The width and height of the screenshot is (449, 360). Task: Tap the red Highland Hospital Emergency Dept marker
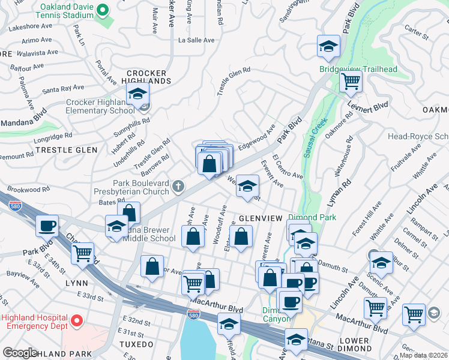pos(76,322)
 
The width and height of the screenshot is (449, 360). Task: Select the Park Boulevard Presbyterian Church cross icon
pos(177,187)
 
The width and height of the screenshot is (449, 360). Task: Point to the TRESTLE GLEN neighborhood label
pos(70,150)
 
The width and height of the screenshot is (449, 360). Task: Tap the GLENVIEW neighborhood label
pos(260,218)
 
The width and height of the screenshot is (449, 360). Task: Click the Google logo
pos(20,353)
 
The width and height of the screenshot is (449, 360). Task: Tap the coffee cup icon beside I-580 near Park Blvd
pos(47,226)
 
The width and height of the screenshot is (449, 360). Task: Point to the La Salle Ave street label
pos(196,40)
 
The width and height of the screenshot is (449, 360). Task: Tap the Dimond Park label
pos(312,217)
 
